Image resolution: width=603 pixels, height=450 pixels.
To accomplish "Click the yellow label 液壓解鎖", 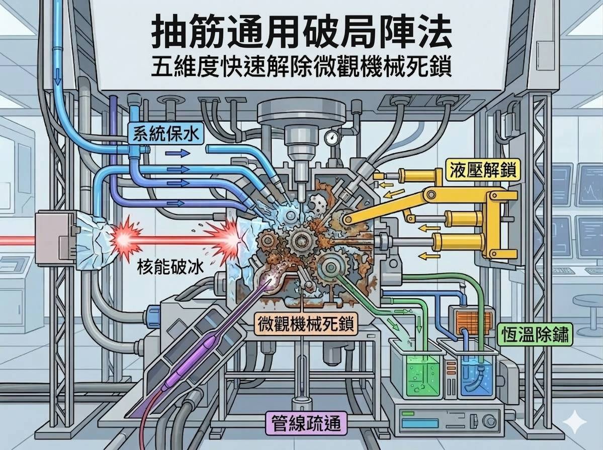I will pyautogui.click(x=482, y=172).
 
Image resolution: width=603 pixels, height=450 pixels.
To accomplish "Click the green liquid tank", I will pyautogui.click(x=415, y=372).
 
